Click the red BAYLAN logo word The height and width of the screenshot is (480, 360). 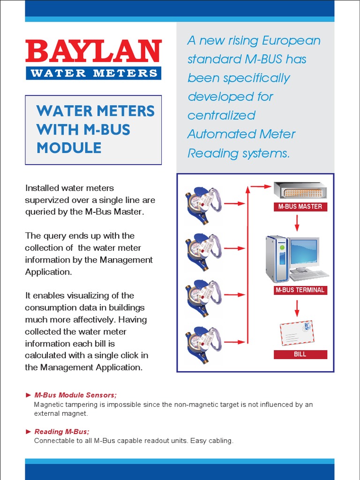click(x=93, y=52)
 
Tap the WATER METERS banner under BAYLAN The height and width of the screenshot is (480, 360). click(x=93, y=73)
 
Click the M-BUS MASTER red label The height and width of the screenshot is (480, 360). click(x=300, y=206)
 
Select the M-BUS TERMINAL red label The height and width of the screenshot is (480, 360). click(x=300, y=290)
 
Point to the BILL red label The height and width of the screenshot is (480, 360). click(x=300, y=354)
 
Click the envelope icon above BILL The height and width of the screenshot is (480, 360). click(x=297, y=333)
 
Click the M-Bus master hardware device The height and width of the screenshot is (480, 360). click(x=300, y=190)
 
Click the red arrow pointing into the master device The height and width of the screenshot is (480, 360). click(x=261, y=187)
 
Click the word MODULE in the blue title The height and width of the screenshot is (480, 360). click(x=69, y=148)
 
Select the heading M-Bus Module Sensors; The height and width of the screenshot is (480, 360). click(x=75, y=395)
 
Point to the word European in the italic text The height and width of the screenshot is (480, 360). click(x=291, y=40)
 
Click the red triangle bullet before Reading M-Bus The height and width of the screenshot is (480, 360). click(x=29, y=432)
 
